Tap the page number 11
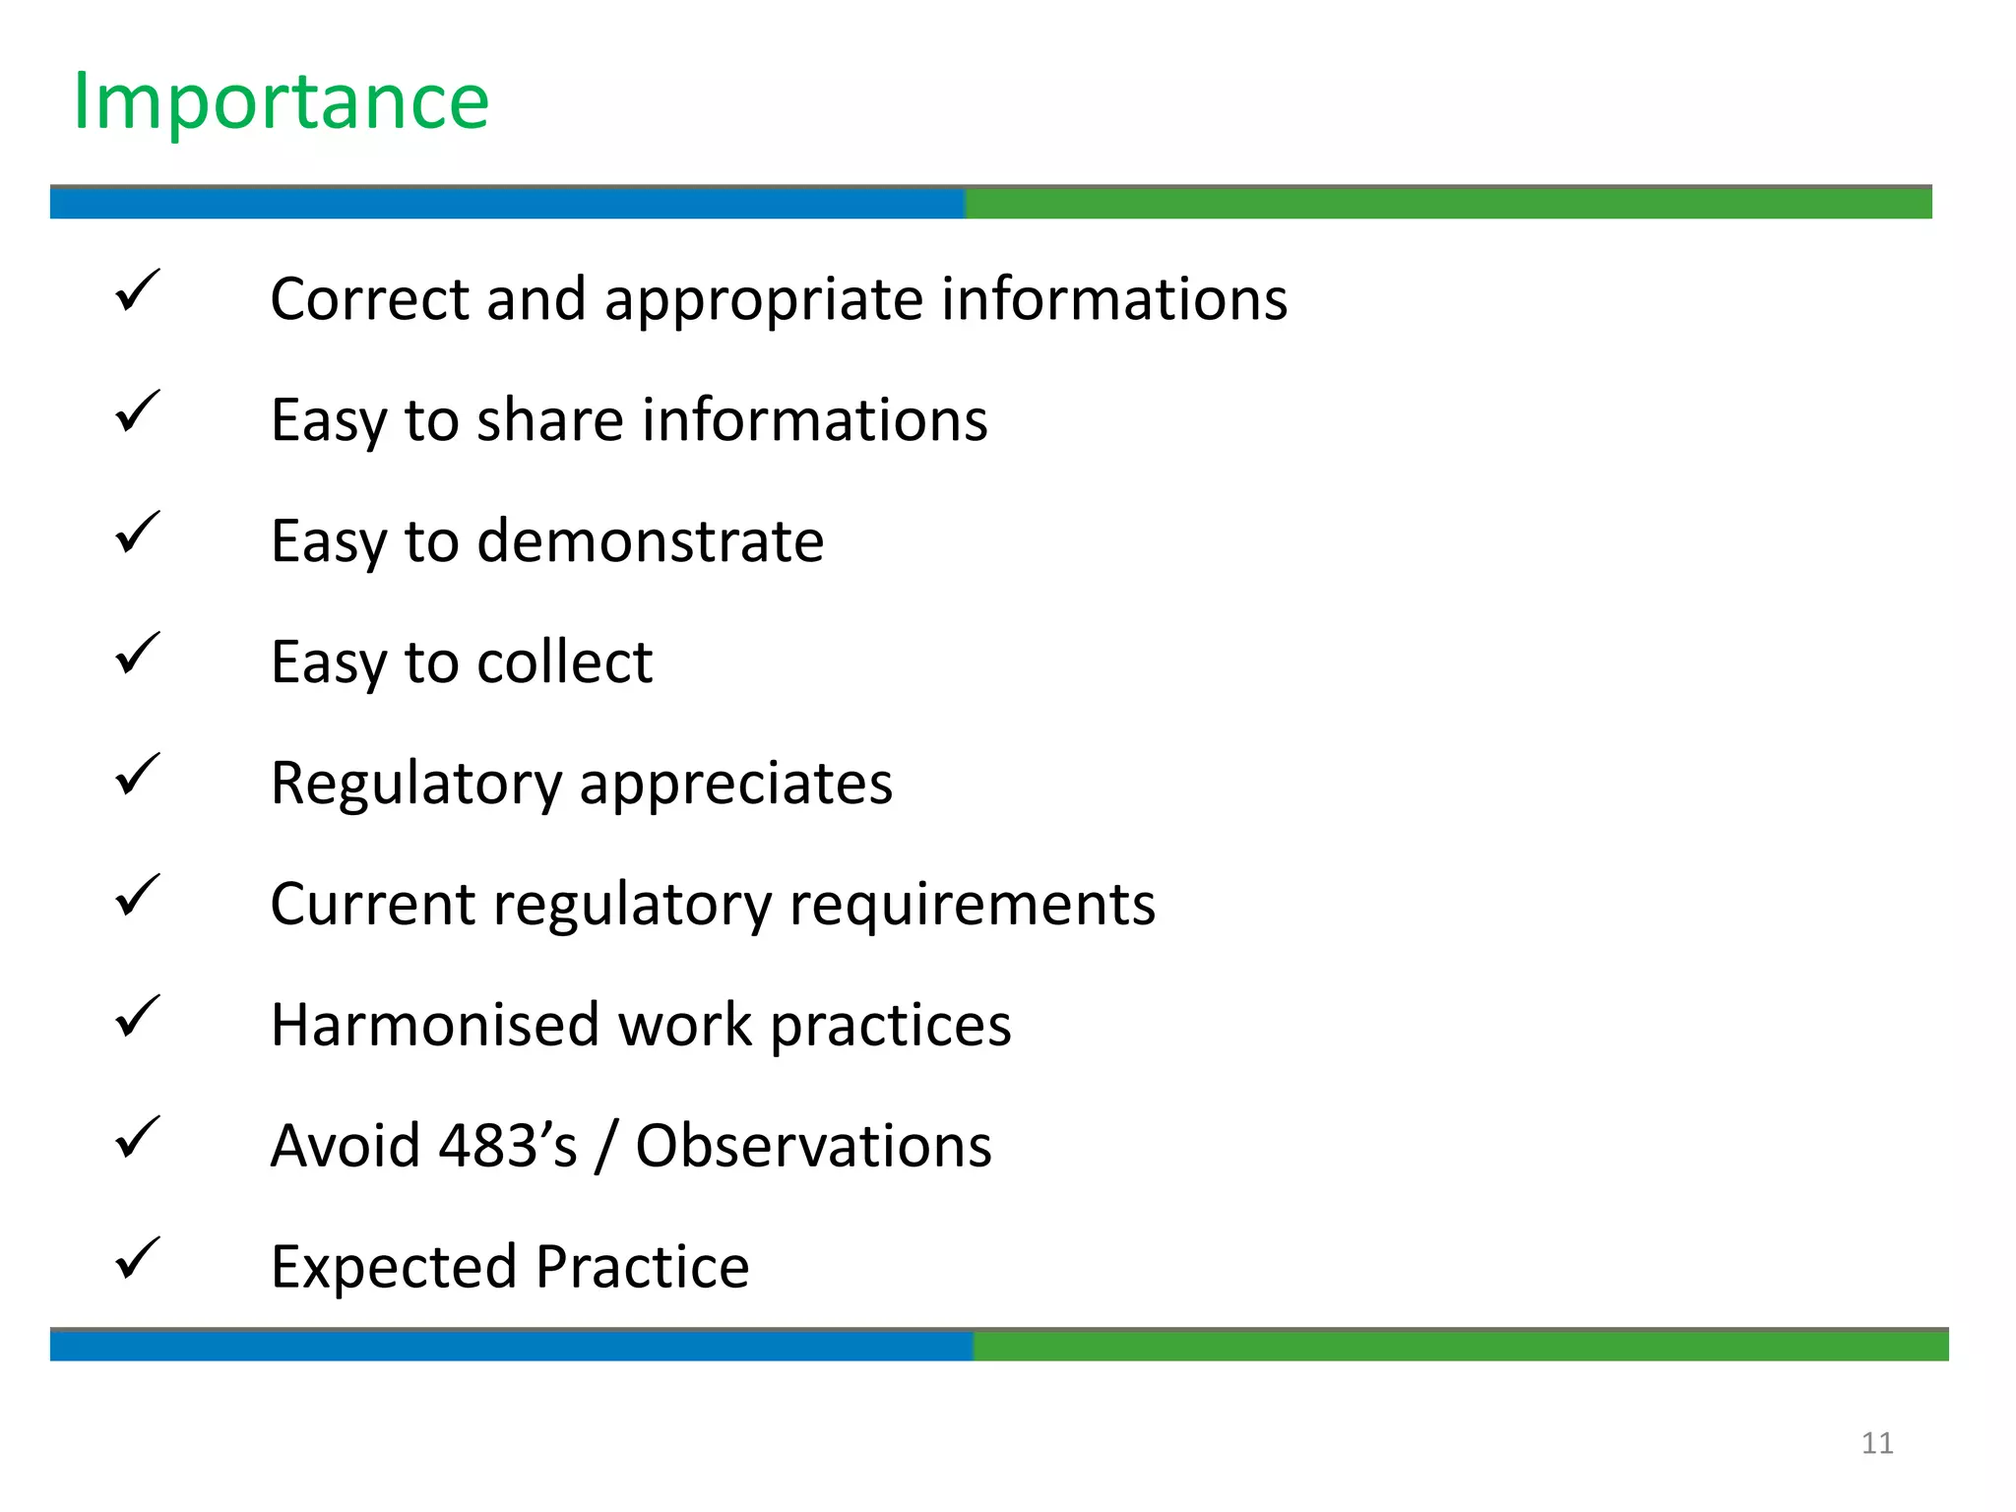(1876, 1443)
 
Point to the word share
(550, 421)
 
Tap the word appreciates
(735, 785)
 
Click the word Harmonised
(434, 1026)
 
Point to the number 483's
(507, 1146)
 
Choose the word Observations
(813, 1146)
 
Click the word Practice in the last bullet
(642, 1267)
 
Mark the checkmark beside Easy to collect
(137, 654)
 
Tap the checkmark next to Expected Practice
(137, 1259)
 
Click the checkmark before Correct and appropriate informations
(137, 291)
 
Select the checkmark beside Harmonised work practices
(137, 1017)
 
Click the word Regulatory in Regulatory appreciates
(415, 785)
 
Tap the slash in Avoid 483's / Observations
(606, 1148)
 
